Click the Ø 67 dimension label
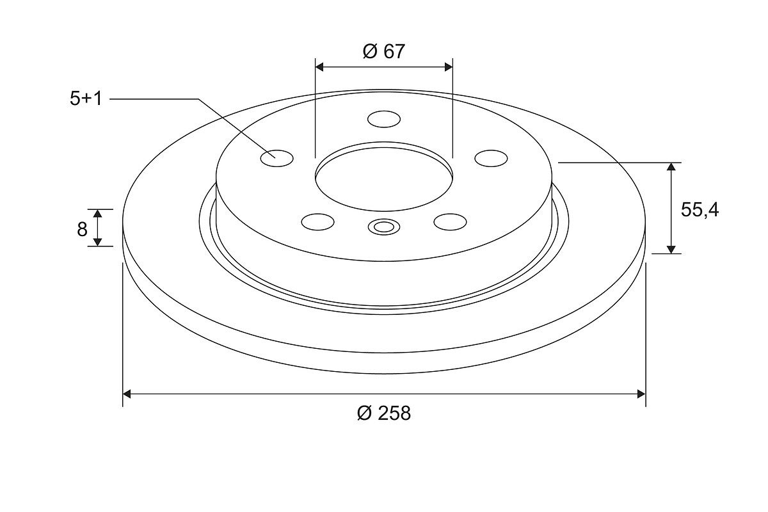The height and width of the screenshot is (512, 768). (383, 51)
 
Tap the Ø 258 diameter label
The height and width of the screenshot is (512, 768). (383, 413)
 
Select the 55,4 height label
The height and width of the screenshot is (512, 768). (700, 210)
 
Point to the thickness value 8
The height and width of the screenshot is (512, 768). (82, 229)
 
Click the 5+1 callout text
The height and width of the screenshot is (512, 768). (86, 99)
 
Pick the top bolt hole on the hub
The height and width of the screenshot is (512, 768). (383, 119)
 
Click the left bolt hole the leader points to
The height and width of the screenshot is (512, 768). (276, 159)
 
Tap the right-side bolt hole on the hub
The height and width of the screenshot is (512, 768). (491, 159)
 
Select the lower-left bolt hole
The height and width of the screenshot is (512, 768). (318, 222)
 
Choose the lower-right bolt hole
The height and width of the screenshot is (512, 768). (450, 222)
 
